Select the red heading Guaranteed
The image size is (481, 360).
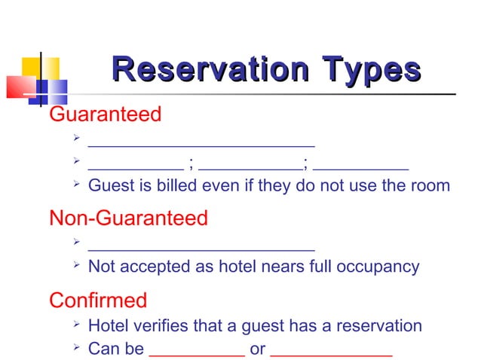[x=105, y=114]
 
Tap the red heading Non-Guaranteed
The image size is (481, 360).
[x=128, y=218]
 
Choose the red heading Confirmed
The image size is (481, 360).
[x=98, y=301]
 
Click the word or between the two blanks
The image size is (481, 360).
[x=257, y=349]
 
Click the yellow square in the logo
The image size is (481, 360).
[x=30, y=68]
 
